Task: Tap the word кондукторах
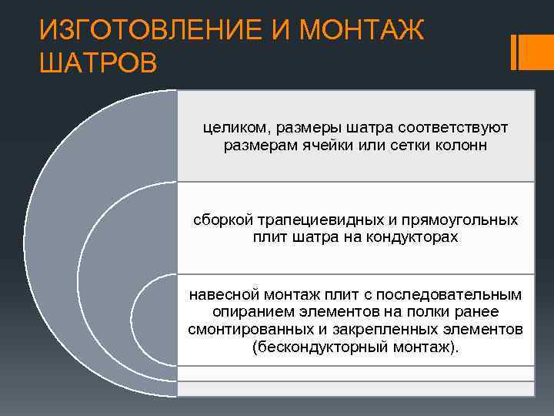(412, 237)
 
